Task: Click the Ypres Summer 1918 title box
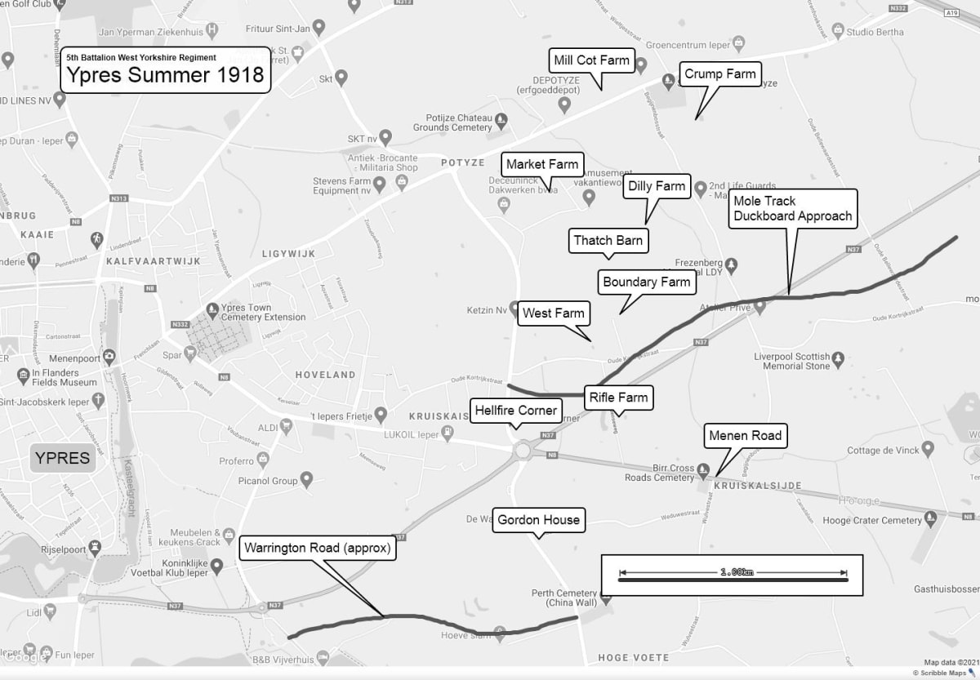pyautogui.click(x=165, y=70)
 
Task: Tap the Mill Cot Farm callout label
pyautogui.click(x=592, y=60)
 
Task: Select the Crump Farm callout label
pyautogui.click(x=719, y=73)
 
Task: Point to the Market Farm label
pyautogui.click(x=541, y=164)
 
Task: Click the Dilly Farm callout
pyautogui.click(x=657, y=186)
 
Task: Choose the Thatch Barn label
pyautogui.click(x=608, y=240)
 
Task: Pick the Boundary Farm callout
pyautogui.click(x=647, y=282)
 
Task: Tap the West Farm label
pyautogui.click(x=554, y=313)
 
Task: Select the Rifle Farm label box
pyautogui.click(x=618, y=398)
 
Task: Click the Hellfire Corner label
pyautogui.click(x=515, y=410)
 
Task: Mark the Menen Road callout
pyautogui.click(x=745, y=435)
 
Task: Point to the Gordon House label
pyautogui.click(x=538, y=519)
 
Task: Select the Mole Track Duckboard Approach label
pyautogui.click(x=792, y=208)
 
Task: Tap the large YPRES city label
pyautogui.click(x=62, y=457)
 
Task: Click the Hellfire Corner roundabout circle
pyautogui.click(x=523, y=450)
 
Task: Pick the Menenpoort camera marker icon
pyautogui.click(x=109, y=356)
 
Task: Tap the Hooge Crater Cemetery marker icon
pyautogui.click(x=930, y=520)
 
